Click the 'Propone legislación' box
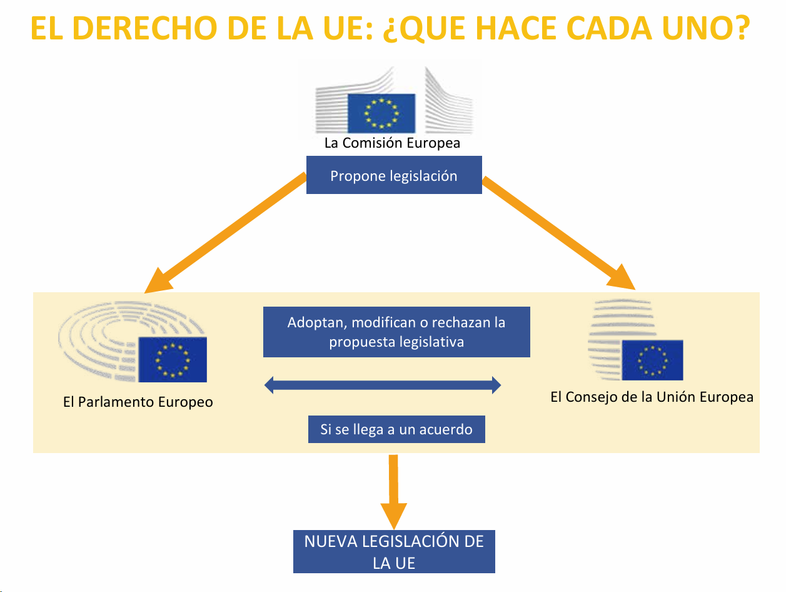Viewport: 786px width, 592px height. (394, 176)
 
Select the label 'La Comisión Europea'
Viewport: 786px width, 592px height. (392, 143)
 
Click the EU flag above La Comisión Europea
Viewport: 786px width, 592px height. (381, 113)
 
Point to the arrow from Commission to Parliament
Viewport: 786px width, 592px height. (225, 235)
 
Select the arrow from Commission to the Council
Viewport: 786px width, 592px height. (560, 235)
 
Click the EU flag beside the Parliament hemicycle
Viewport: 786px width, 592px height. (173, 359)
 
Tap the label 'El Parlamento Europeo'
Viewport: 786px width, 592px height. (138, 402)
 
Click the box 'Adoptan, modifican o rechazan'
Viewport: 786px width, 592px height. (396, 332)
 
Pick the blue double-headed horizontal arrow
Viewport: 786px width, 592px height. (383, 385)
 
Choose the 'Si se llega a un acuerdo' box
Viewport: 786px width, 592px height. (396, 430)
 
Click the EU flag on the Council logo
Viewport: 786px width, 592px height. (652, 360)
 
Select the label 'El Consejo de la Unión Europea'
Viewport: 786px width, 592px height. (652, 397)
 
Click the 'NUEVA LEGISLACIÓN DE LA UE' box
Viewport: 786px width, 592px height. (394, 551)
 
